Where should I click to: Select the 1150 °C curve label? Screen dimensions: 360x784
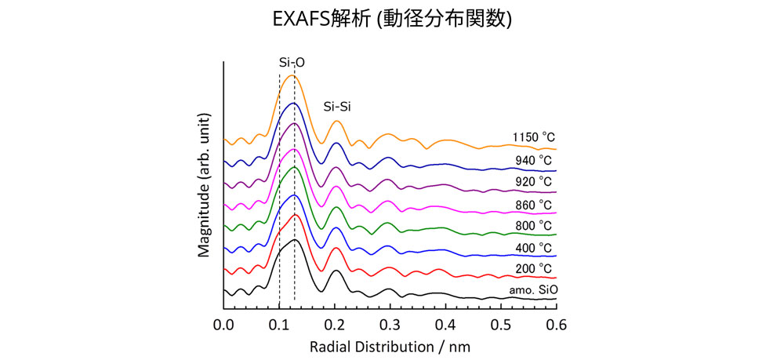(533, 138)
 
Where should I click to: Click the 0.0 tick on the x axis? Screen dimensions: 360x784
(224, 322)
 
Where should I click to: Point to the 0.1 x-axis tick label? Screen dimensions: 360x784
(280, 322)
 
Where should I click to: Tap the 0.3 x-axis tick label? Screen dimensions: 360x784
(390, 322)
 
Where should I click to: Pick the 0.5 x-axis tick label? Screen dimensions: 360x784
(501, 322)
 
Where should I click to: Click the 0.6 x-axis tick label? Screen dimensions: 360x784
(556, 322)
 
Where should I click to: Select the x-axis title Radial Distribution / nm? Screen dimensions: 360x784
(390, 345)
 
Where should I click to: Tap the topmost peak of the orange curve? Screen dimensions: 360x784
(292, 75)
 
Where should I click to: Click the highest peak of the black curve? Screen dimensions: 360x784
(293, 239)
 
